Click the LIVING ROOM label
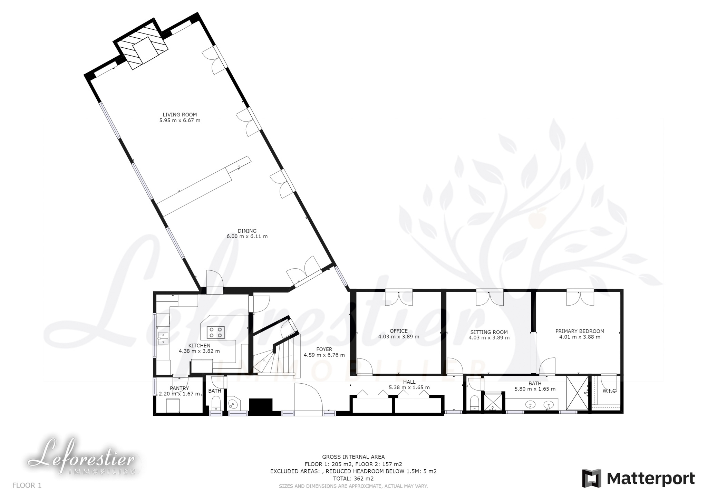point(180,115)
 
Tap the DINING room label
point(247,231)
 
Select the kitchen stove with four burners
point(215,332)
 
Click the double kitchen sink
point(163,338)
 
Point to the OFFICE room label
point(399,331)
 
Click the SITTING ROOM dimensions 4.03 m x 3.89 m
point(489,338)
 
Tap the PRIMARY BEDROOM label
point(580,331)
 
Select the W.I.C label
point(609,391)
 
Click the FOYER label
point(324,349)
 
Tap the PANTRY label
point(179,388)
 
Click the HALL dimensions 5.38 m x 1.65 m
point(409,387)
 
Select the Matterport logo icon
point(592,478)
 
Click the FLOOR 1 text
point(27,485)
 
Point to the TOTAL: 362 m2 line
point(353,479)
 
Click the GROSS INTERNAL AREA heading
point(353,457)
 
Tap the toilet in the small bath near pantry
point(216,403)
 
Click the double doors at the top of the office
point(399,297)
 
